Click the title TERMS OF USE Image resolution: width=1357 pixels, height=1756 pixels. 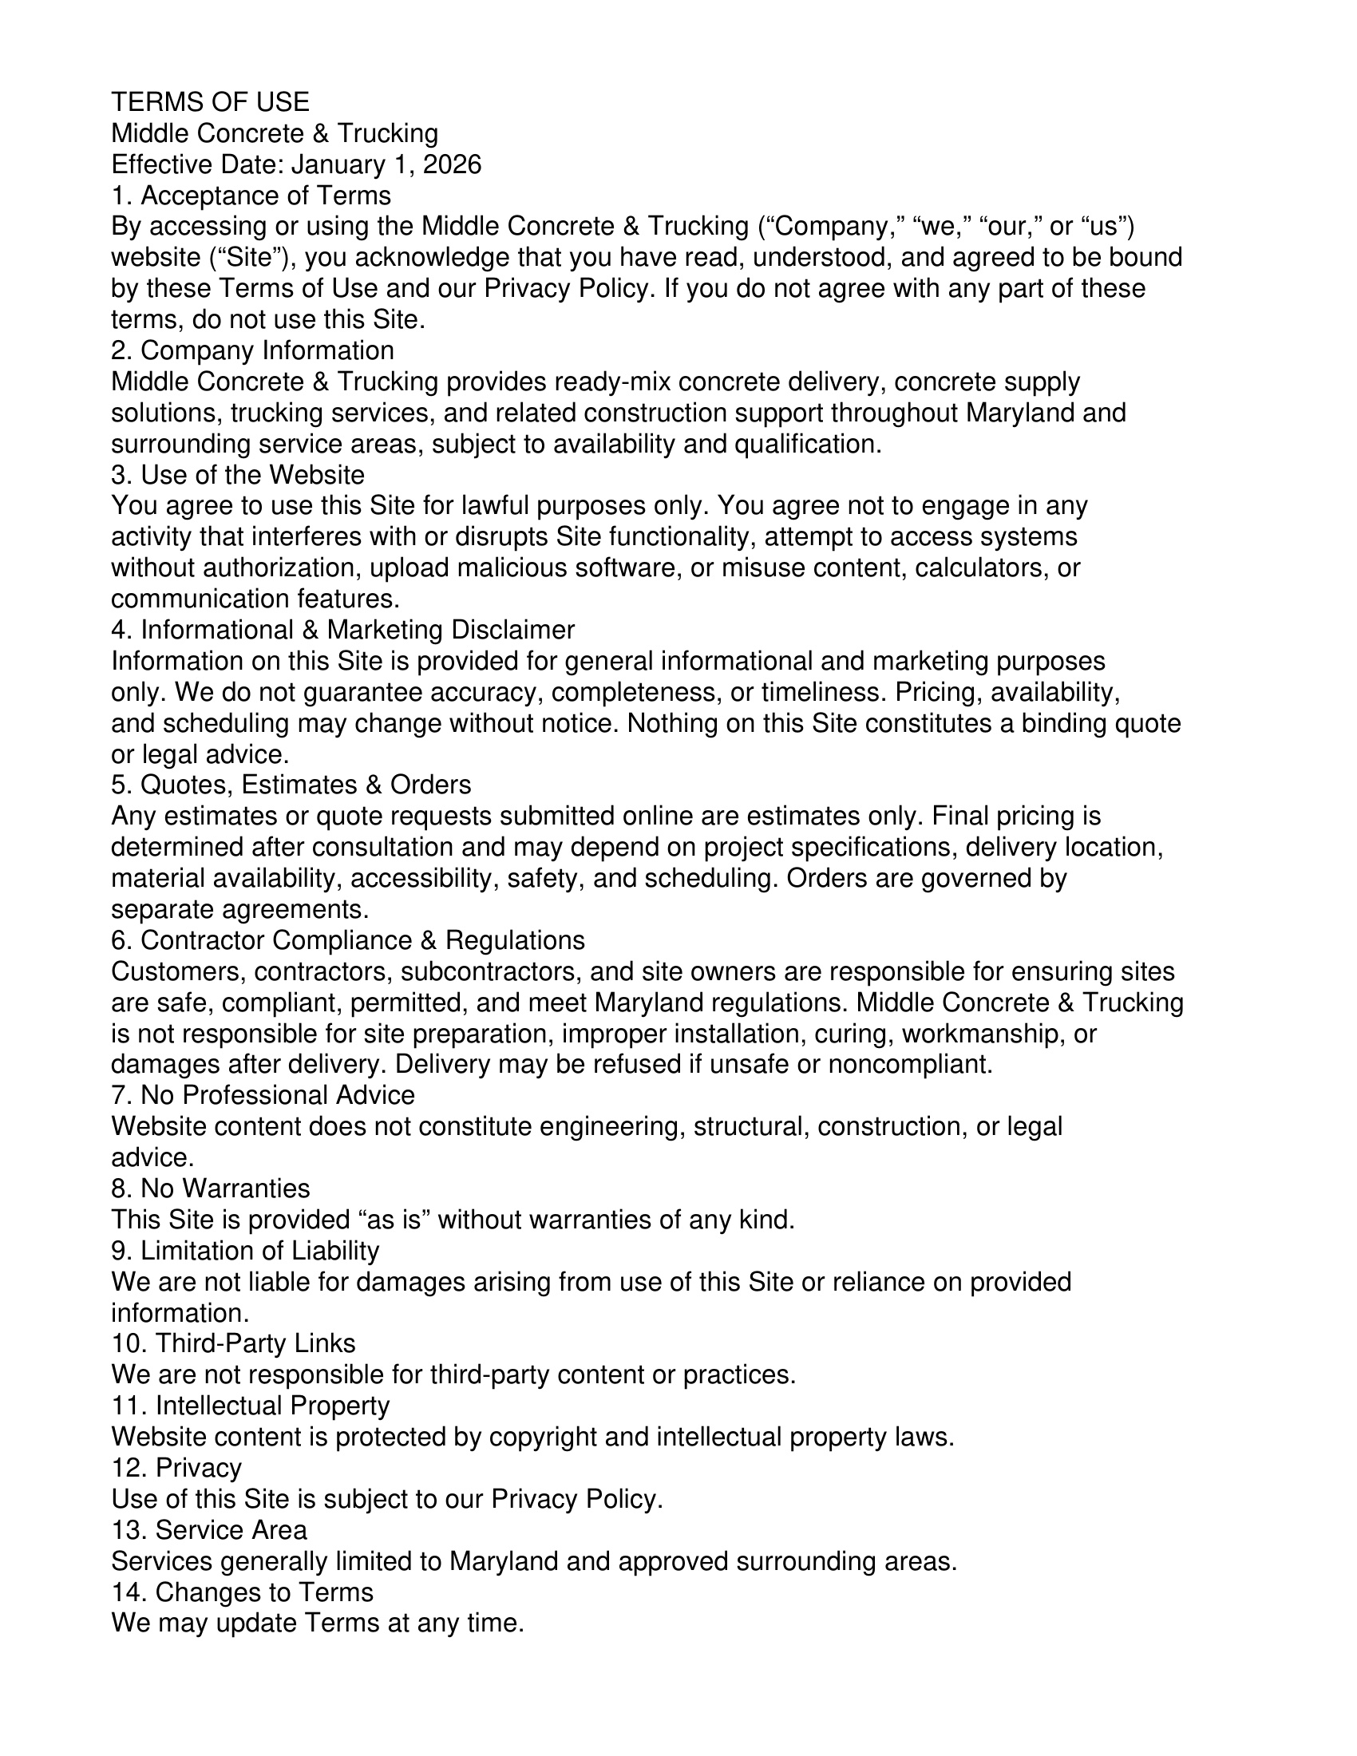point(210,102)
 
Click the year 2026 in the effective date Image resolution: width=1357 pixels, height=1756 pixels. point(452,165)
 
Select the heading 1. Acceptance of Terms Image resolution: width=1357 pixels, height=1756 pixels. point(251,196)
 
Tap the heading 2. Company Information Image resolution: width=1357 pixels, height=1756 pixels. point(252,350)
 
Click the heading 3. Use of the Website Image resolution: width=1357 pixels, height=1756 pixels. point(238,474)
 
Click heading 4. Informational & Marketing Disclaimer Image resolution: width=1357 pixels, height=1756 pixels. point(343,630)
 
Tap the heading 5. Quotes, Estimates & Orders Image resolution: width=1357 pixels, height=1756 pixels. point(291,785)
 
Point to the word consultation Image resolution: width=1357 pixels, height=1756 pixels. point(426,848)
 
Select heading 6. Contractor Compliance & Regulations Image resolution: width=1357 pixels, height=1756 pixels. point(348,940)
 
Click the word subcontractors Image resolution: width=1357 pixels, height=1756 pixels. point(490,971)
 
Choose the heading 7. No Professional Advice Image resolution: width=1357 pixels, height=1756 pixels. point(263,1095)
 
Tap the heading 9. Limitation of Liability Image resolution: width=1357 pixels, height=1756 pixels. point(245,1251)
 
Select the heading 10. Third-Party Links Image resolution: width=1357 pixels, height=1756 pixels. point(233,1343)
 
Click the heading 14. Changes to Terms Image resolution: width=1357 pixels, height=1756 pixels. point(242,1592)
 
